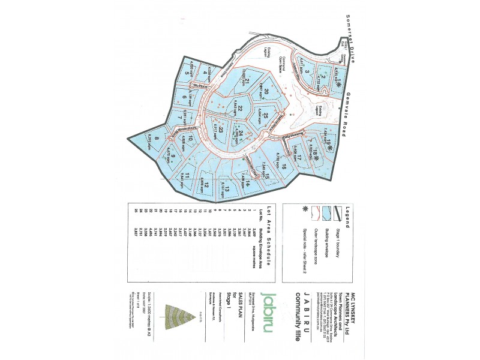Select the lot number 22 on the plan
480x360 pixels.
(240, 109)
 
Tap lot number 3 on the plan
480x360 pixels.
(307, 73)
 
